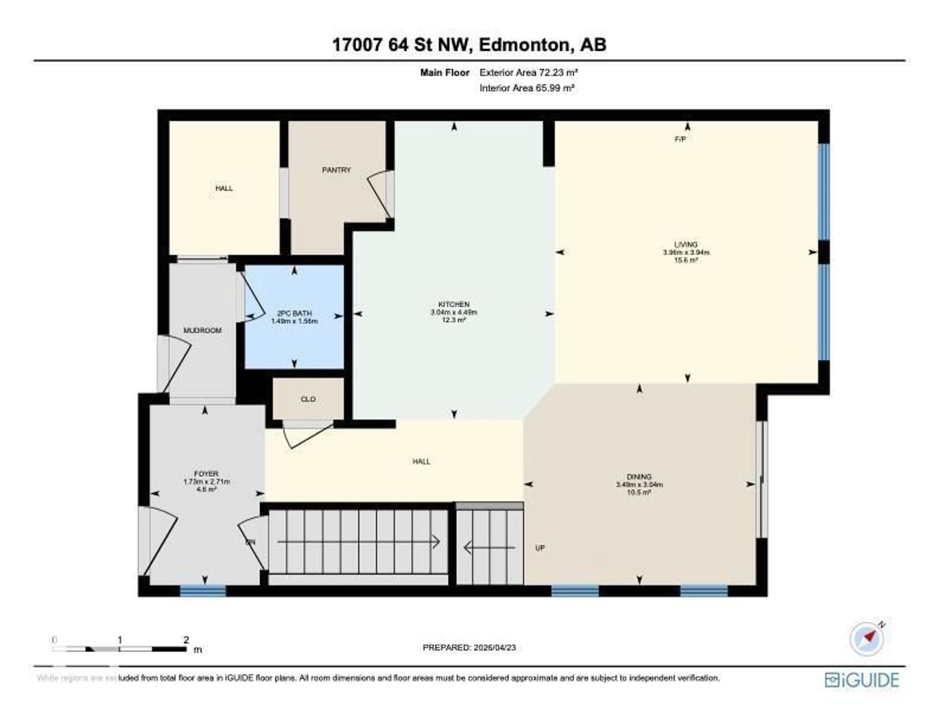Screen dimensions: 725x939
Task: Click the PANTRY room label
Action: pos(336,170)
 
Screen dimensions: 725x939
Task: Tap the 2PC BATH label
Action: pos(294,313)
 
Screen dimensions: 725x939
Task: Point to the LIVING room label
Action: pos(686,245)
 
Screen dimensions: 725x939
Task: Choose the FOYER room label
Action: pos(206,474)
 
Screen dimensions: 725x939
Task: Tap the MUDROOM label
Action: pos(202,330)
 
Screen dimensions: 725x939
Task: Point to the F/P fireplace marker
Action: pos(680,139)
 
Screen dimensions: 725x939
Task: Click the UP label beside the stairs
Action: pos(540,548)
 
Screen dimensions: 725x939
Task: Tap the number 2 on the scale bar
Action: pos(186,640)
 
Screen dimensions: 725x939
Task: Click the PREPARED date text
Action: pos(469,647)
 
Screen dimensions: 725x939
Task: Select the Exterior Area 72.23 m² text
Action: pos(528,73)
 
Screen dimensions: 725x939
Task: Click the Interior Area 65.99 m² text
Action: pos(527,88)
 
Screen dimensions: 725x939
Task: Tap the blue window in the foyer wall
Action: pos(202,591)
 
